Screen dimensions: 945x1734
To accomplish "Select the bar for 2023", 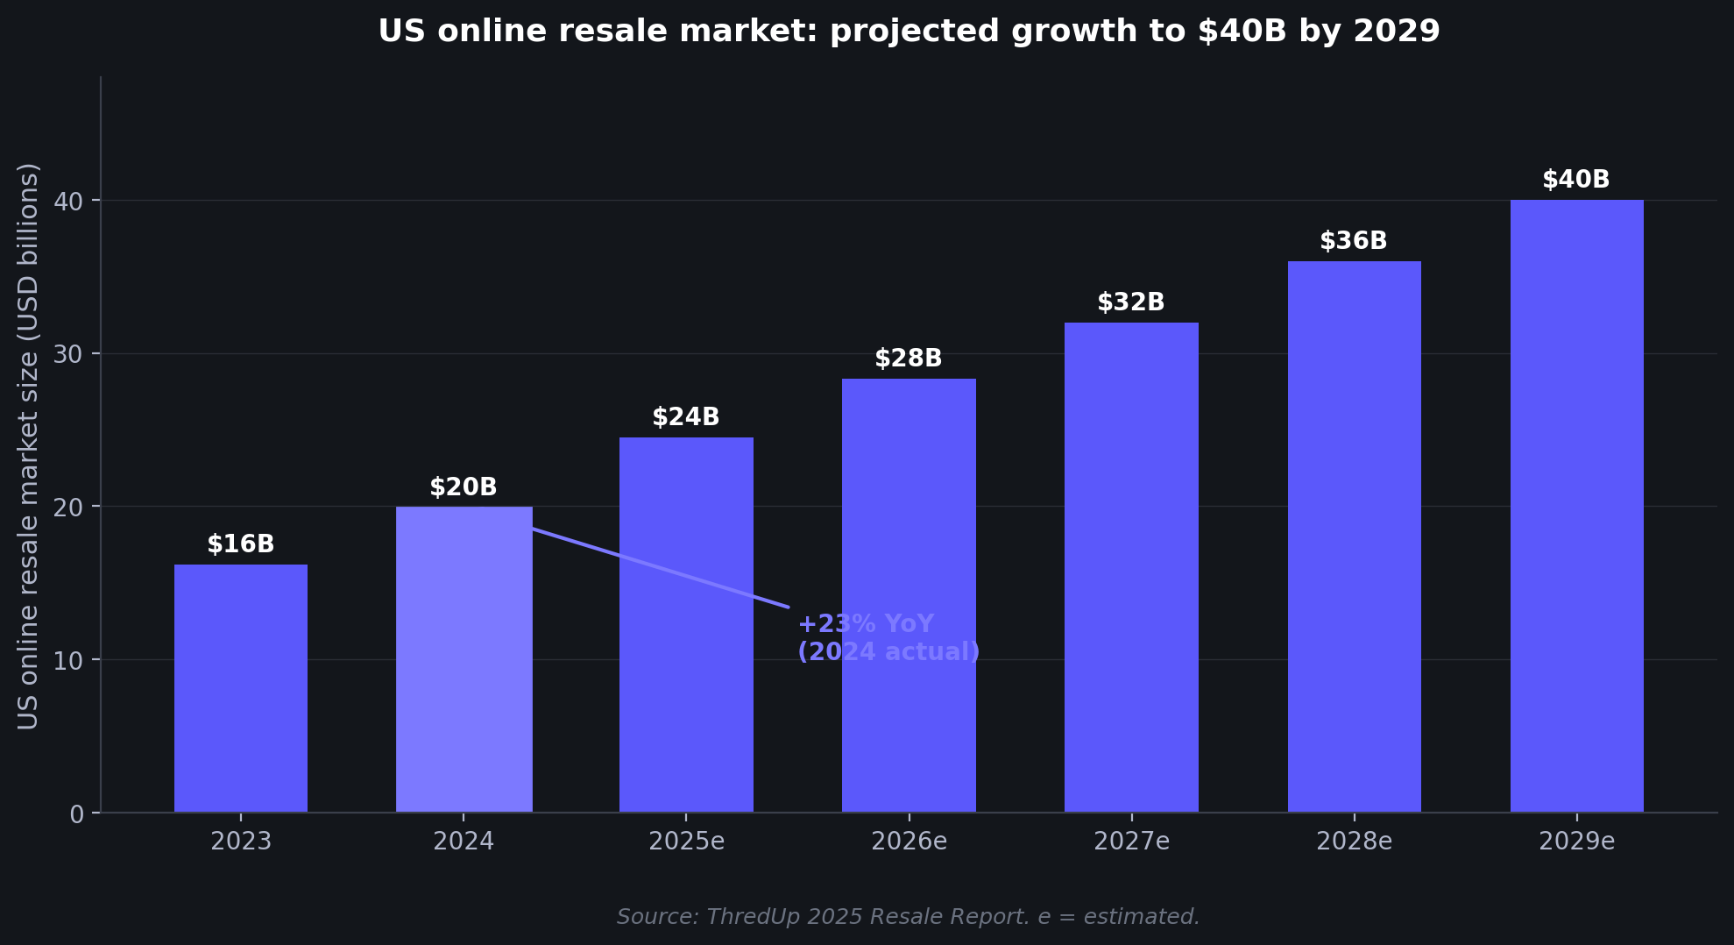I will (x=241, y=688).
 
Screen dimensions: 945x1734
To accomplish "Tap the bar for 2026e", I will (x=909, y=595).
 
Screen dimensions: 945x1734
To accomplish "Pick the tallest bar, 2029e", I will (x=1576, y=506).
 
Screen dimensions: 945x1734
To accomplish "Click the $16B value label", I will (x=241, y=544).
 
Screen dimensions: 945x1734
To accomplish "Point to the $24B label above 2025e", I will (x=686, y=417).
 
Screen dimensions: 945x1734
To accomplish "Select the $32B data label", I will (x=1131, y=302).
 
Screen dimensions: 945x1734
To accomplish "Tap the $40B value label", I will (x=1576, y=180).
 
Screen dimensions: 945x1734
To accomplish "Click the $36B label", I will (x=1354, y=241).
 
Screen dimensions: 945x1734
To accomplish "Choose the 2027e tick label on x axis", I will (x=1131, y=842).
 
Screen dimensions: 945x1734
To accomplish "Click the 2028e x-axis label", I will (x=1354, y=842).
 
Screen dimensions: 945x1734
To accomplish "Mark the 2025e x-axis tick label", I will (x=686, y=842).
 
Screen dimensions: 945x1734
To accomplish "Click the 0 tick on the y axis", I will (x=76, y=814).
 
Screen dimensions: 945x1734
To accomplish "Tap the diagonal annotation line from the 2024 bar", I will (x=661, y=568).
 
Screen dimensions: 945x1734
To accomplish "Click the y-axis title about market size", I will (x=28, y=445).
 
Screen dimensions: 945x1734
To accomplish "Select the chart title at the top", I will (x=909, y=32).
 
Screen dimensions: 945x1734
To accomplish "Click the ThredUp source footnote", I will (x=908, y=917).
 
